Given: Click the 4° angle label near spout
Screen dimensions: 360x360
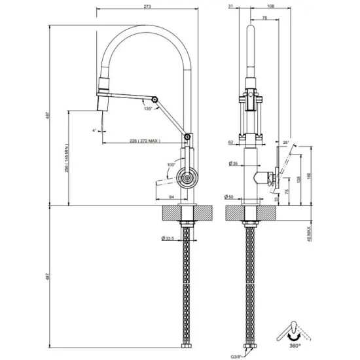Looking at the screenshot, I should pyautogui.click(x=94, y=130).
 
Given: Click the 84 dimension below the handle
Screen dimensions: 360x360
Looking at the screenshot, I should pyautogui.click(x=171, y=197).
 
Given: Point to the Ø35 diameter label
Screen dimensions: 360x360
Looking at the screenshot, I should pyautogui.click(x=232, y=163).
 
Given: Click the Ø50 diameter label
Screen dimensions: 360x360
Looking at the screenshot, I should pyautogui.click(x=232, y=197).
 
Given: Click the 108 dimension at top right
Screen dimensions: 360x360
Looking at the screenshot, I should pyautogui.click(x=271, y=6).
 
